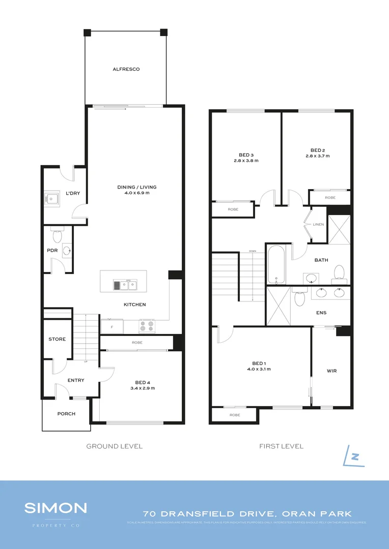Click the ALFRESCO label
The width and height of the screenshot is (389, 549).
(126, 69)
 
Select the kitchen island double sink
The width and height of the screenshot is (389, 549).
(125, 285)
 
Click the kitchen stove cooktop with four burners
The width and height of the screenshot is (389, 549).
(147, 326)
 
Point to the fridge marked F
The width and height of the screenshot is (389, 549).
(112, 326)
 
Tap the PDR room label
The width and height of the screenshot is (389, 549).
(51, 250)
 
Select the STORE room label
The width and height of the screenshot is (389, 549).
(57, 339)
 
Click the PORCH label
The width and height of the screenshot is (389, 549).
(66, 414)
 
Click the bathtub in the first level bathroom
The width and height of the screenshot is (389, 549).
(276, 265)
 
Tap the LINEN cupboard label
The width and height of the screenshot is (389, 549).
(318, 224)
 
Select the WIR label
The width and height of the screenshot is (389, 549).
(331, 371)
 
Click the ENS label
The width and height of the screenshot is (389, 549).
(321, 313)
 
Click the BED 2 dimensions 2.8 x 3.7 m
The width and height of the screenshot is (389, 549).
(317, 156)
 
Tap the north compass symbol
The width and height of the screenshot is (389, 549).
(354, 455)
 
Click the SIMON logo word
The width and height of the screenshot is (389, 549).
(56, 507)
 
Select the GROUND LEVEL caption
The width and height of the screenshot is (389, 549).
(114, 446)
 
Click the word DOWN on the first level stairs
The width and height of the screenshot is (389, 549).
(252, 251)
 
